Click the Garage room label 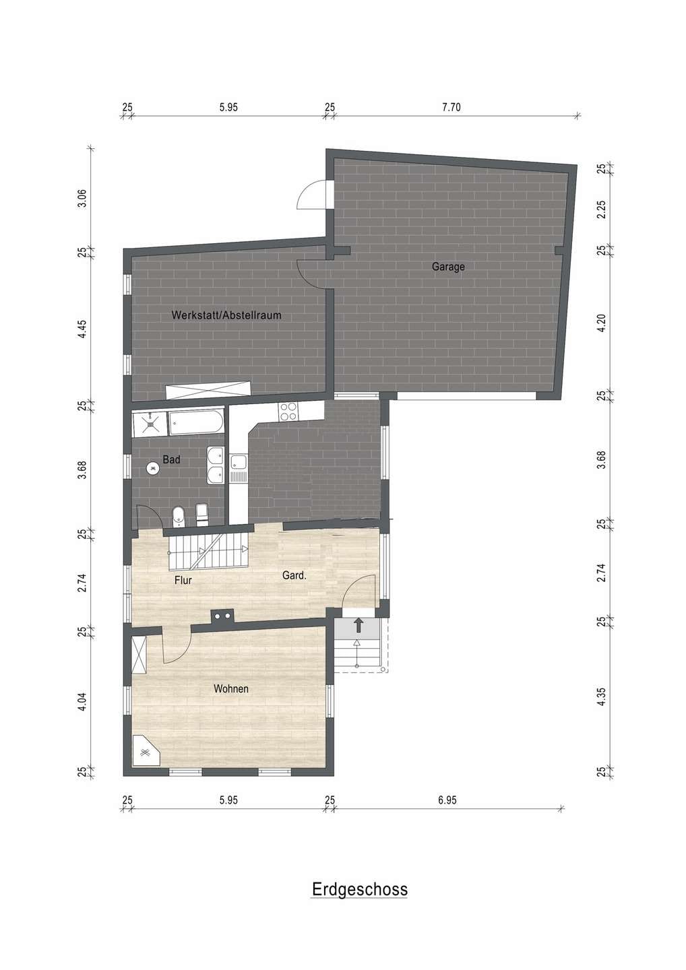coord(448,267)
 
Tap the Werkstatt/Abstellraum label coord(226,315)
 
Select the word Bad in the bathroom coord(171,459)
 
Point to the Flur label coord(183,580)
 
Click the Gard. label coord(294,575)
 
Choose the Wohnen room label coord(231,688)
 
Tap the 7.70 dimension coord(451,107)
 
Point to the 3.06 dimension coord(82,199)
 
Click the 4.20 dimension coord(601,323)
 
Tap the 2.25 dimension coord(601,209)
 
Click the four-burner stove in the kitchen coord(288,411)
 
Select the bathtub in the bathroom coord(196,422)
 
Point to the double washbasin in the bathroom coord(215,465)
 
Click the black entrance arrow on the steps coord(358,626)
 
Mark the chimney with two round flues coord(222,616)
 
